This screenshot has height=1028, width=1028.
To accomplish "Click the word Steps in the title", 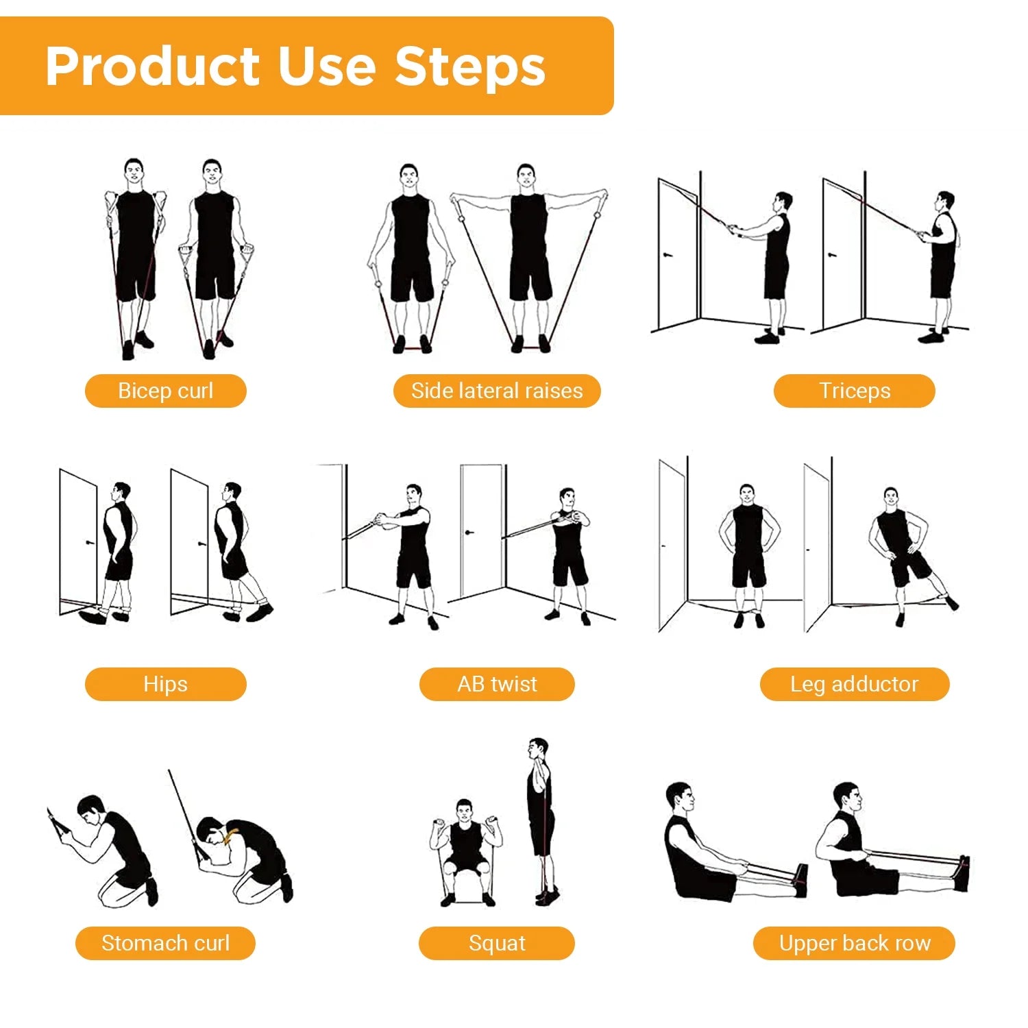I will [x=470, y=66].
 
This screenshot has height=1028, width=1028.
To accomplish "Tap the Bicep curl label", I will [x=165, y=391].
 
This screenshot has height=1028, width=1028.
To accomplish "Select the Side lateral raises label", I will [x=497, y=391].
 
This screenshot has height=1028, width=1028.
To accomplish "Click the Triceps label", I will [x=854, y=391].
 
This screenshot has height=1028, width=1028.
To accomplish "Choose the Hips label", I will [x=165, y=684].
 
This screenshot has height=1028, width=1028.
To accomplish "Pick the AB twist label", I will [x=497, y=684].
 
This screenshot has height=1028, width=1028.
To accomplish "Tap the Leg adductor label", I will [x=854, y=684].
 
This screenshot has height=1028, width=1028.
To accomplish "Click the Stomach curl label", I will [x=165, y=943].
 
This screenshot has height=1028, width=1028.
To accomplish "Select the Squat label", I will [x=497, y=943].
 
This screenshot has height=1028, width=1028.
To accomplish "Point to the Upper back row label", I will [x=854, y=943].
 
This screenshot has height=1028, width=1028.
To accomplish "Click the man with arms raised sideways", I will [x=528, y=254].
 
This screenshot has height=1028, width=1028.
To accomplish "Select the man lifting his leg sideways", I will [x=901, y=548].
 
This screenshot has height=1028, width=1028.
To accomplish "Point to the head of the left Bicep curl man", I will [x=134, y=171].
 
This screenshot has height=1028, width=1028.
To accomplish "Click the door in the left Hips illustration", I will [x=77, y=541].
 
